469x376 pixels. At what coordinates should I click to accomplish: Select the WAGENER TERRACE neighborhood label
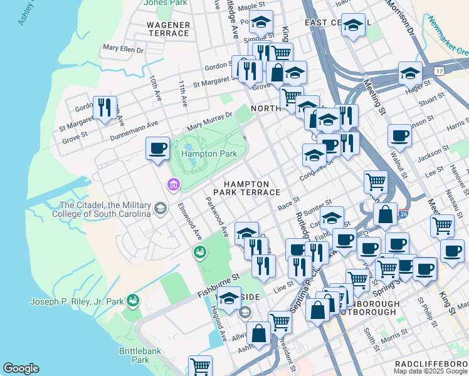click(168, 28)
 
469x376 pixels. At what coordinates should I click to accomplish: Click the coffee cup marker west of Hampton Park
click(157, 149)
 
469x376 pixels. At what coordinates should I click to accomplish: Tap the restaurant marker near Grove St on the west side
click(105, 108)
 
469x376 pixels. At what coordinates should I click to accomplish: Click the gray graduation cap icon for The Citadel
click(161, 209)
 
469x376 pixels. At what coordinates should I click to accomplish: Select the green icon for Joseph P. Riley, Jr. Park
click(132, 301)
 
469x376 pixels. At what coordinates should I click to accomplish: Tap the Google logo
click(21, 368)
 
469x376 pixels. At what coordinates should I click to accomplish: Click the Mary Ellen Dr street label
click(123, 48)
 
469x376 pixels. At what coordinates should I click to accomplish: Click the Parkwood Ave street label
click(217, 217)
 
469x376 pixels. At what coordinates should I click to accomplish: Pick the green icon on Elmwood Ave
click(200, 252)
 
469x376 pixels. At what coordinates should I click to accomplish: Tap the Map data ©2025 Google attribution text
click(430, 372)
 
